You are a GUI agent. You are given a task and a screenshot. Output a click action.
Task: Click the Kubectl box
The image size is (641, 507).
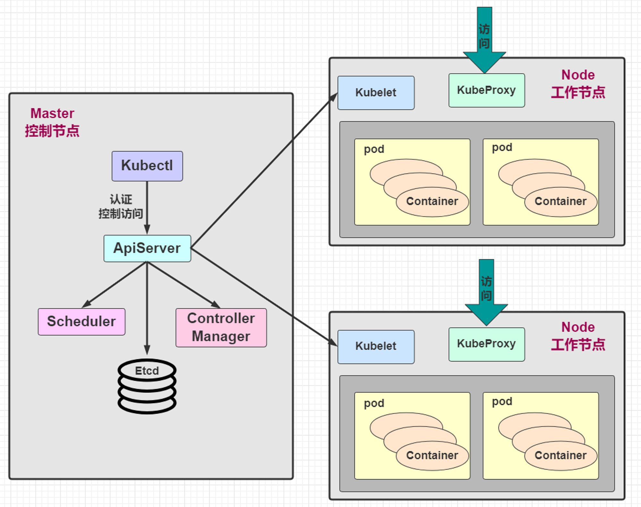147,166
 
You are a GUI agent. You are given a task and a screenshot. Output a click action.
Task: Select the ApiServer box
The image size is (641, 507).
147,248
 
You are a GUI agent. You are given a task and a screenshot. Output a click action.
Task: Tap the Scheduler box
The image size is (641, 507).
81,322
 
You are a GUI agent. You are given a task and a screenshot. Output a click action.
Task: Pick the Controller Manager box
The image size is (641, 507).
221,328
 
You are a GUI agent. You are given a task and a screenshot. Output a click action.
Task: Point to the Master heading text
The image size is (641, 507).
52,113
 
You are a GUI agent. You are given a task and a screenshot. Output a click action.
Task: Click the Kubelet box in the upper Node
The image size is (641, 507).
376,93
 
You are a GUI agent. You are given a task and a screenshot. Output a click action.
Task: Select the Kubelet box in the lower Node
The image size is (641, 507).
376,347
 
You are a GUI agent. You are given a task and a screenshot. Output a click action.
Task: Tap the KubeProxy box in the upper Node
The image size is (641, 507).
487,90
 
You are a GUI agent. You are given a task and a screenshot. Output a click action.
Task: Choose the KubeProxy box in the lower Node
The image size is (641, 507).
487,344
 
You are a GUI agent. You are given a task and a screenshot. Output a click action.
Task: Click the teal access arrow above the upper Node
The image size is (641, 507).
484,40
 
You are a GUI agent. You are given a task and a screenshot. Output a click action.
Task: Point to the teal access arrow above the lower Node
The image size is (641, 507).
486,292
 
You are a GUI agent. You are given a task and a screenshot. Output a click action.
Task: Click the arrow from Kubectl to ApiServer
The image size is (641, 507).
147,208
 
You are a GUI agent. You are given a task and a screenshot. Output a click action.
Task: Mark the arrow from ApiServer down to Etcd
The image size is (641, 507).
147,308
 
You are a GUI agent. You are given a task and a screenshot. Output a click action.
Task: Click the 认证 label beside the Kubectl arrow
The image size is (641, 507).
121,199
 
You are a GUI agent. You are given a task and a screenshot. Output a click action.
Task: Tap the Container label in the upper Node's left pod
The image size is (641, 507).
432,201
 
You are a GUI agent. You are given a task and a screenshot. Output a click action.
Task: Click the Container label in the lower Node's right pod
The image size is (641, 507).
561,455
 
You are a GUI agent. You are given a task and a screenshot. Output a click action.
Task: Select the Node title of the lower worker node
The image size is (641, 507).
578,327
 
